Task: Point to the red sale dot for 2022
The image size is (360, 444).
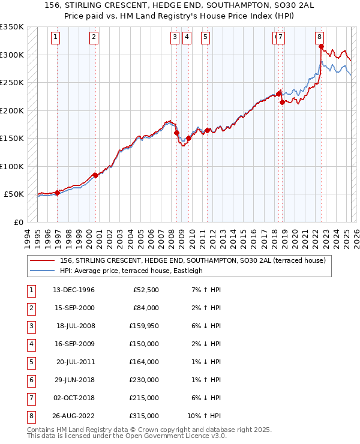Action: tap(322, 46)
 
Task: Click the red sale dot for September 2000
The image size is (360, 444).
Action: tap(95, 175)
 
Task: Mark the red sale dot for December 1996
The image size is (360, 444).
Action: tap(57, 193)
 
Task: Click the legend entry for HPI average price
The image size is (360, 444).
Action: tap(131, 271)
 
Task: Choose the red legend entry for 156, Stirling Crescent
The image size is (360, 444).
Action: tap(192, 260)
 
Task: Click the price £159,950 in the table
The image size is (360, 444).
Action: tap(143, 326)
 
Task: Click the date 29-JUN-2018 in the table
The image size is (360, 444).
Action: tap(74, 380)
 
